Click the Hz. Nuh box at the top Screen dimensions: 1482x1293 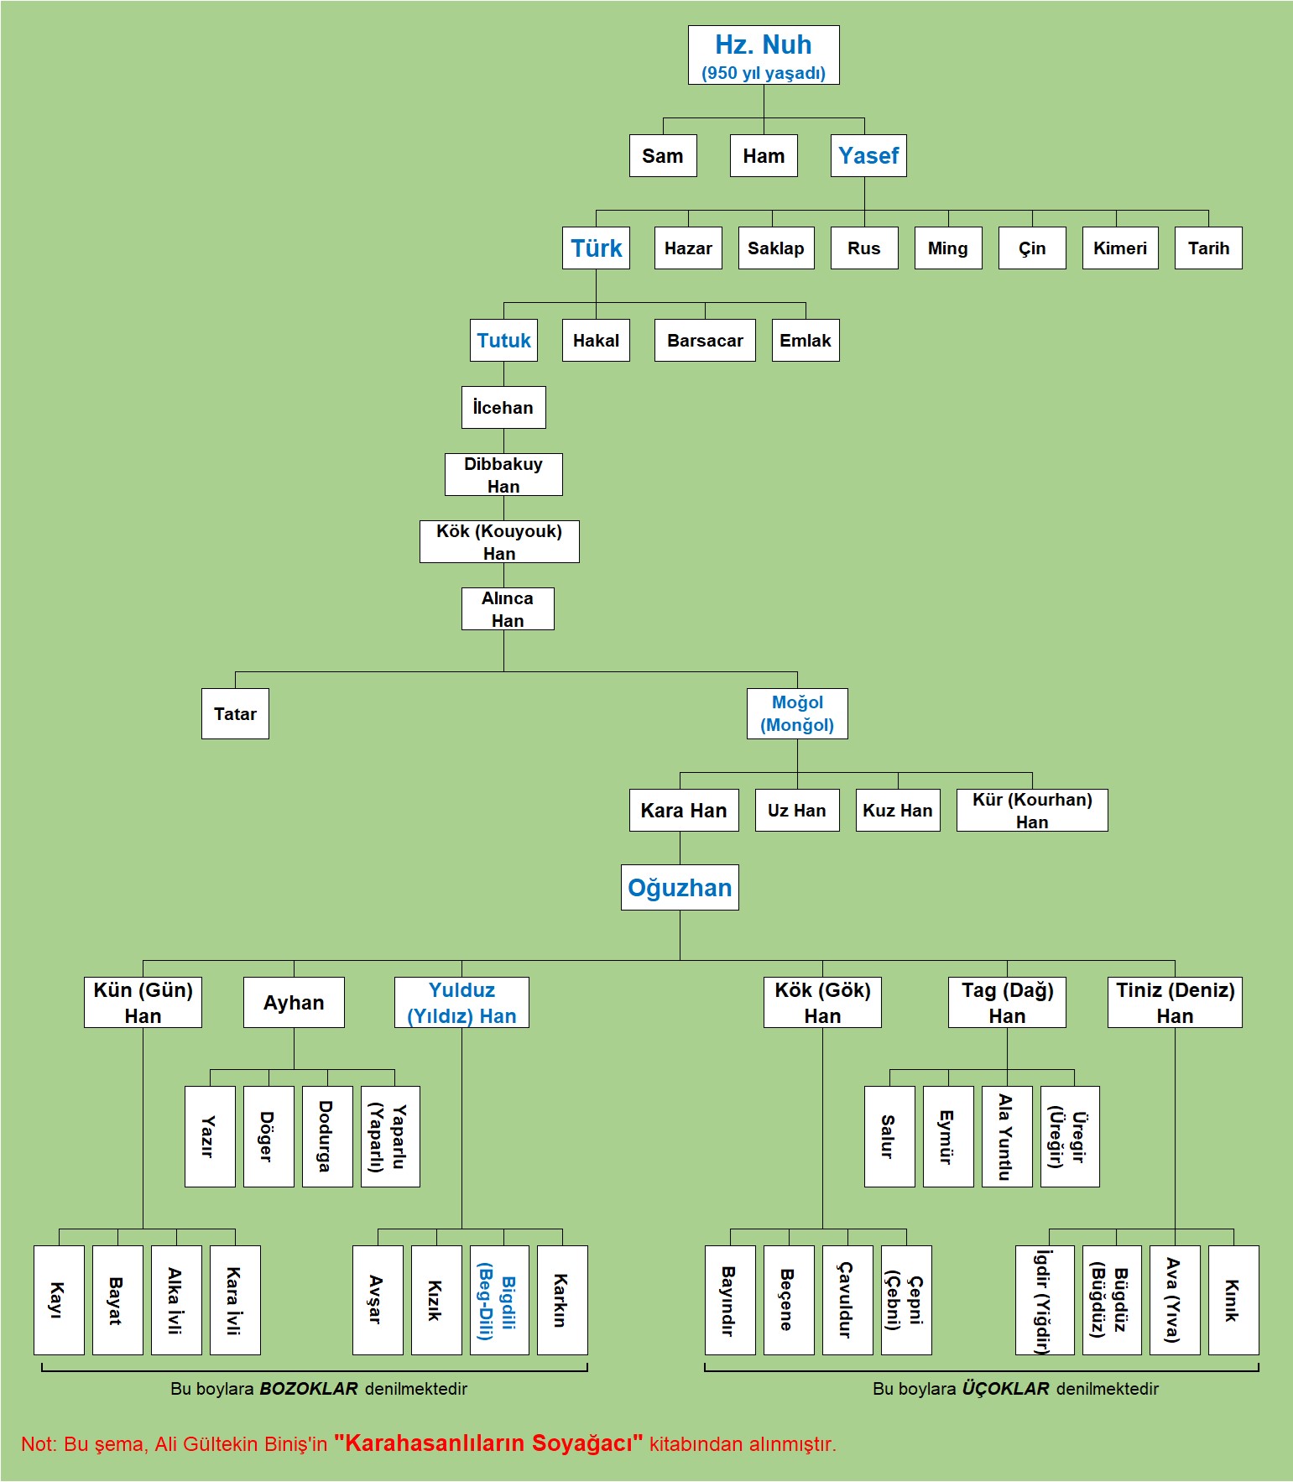pos(764,55)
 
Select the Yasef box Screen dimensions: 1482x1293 pos(868,156)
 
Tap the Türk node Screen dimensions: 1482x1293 pos(596,248)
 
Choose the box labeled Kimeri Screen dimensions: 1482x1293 pos(1120,248)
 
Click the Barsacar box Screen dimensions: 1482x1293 pos(705,341)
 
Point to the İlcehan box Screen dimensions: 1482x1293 pos(503,408)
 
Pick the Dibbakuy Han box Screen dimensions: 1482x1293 pos(503,475)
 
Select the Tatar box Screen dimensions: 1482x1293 pos(235,714)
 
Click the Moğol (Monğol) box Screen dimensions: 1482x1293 pos(797,714)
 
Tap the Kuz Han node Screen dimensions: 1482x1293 pos(898,811)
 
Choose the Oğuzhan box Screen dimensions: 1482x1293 pos(680,888)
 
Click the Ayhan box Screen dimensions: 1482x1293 pos(294,1003)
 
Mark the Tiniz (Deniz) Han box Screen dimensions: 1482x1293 pos(1175,1003)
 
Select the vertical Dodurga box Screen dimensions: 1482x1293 pos(327,1137)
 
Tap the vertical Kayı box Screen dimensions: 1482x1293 pos(59,1300)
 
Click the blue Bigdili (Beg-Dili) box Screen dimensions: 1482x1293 pos(499,1300)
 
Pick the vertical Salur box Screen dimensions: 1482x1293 pos(889,1137)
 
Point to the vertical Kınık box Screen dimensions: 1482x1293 pos(1233,1300)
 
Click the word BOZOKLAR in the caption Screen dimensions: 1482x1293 pos(309,1389)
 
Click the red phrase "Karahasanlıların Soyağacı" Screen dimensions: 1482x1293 pos(488,1443)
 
